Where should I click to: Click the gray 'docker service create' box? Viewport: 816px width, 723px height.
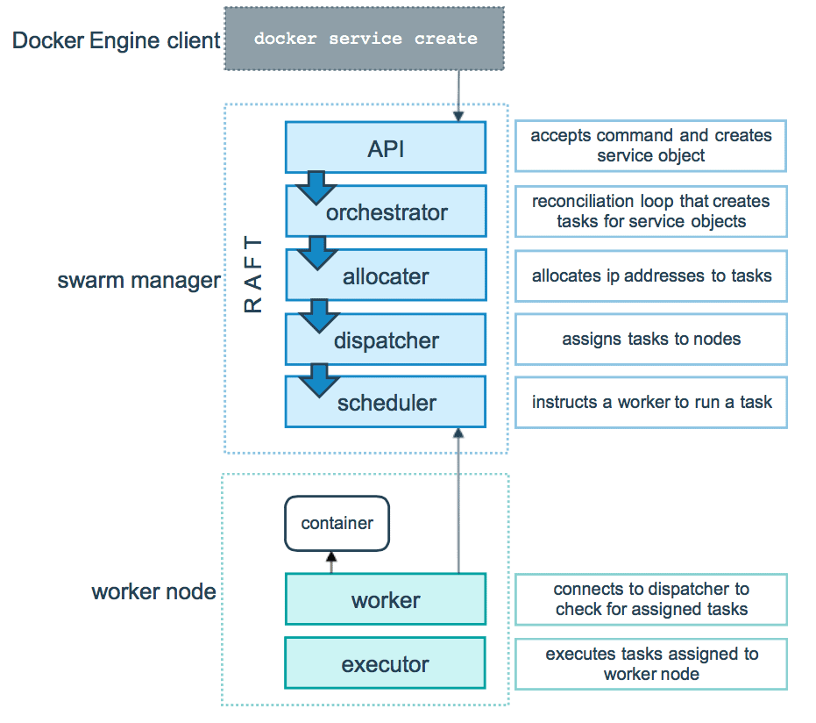[365, 39]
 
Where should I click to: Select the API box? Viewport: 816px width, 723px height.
[386, 148]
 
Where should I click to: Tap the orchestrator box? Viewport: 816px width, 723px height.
[387, 212]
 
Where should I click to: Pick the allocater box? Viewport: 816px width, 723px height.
[386, 276]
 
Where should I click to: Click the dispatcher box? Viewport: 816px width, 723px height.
[387, 340]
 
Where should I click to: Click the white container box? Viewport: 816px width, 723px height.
[337, 524]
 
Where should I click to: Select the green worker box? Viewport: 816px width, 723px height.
[386, 600]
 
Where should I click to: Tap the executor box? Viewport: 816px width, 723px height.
[386, 664]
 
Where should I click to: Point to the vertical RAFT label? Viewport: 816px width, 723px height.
[252, 274]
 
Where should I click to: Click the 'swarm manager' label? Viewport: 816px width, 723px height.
[138, 281]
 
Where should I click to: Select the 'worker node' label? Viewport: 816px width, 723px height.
[153, 591]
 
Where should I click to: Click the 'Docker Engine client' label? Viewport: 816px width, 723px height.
[116, 40]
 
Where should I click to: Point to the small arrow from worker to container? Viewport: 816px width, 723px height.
[330, 562]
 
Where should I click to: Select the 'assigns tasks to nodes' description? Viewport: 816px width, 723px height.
[650, 339]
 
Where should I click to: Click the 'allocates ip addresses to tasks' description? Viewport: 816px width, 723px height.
[650, 276]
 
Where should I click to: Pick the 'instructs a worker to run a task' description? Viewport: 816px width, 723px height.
[650, 403]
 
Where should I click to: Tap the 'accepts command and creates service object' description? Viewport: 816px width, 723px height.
[650, 146]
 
